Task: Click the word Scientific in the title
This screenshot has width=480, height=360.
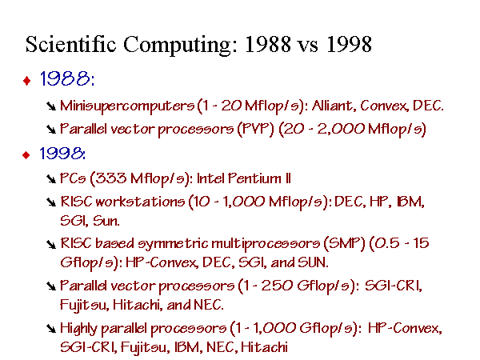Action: click(70, 44)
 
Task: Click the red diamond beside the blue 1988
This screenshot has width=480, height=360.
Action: click(27, 81)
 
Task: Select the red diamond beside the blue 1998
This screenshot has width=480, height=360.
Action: click(26, 155)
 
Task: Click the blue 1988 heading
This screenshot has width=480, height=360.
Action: click(66, 78)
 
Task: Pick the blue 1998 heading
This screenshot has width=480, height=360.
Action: click(62, 153)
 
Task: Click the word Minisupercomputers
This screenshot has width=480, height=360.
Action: click(127, 106)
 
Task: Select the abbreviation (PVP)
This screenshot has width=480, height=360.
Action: click(255, 129)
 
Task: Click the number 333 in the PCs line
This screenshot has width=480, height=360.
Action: click(110, 178)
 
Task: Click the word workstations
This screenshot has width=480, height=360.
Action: click(140, 202)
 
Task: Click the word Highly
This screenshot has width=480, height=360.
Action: click(78, 329)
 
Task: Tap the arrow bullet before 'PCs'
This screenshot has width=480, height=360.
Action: click(51, 178)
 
